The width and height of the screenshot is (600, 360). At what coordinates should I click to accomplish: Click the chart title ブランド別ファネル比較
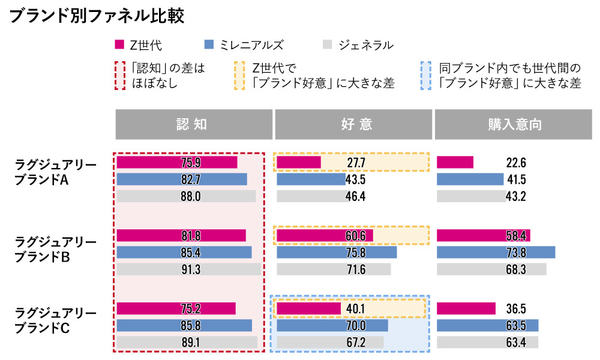(97, 16)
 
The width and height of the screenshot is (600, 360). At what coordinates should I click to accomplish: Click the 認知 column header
(193, 124)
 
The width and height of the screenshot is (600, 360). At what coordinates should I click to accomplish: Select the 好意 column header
(353, 124)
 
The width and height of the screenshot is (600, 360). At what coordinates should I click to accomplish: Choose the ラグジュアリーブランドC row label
(55, 320)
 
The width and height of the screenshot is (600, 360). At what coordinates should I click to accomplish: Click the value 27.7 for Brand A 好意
(355, 163)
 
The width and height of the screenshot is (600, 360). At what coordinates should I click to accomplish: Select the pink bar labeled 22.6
(455, 163)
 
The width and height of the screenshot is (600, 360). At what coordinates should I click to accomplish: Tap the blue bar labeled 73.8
(496, 252)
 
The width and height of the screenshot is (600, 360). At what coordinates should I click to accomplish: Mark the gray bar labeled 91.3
(189, 269)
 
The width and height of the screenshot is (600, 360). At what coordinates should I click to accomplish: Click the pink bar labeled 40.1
(308, 308)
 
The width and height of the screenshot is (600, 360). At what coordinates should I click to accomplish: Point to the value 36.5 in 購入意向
(515, 308)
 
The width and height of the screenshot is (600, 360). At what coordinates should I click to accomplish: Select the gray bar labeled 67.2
(330, 342)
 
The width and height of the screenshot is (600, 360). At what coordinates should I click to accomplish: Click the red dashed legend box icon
(120, 75)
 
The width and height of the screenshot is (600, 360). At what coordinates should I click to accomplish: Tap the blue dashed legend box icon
(426, 75)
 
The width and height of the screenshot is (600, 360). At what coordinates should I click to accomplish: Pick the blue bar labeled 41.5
(470, 179)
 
